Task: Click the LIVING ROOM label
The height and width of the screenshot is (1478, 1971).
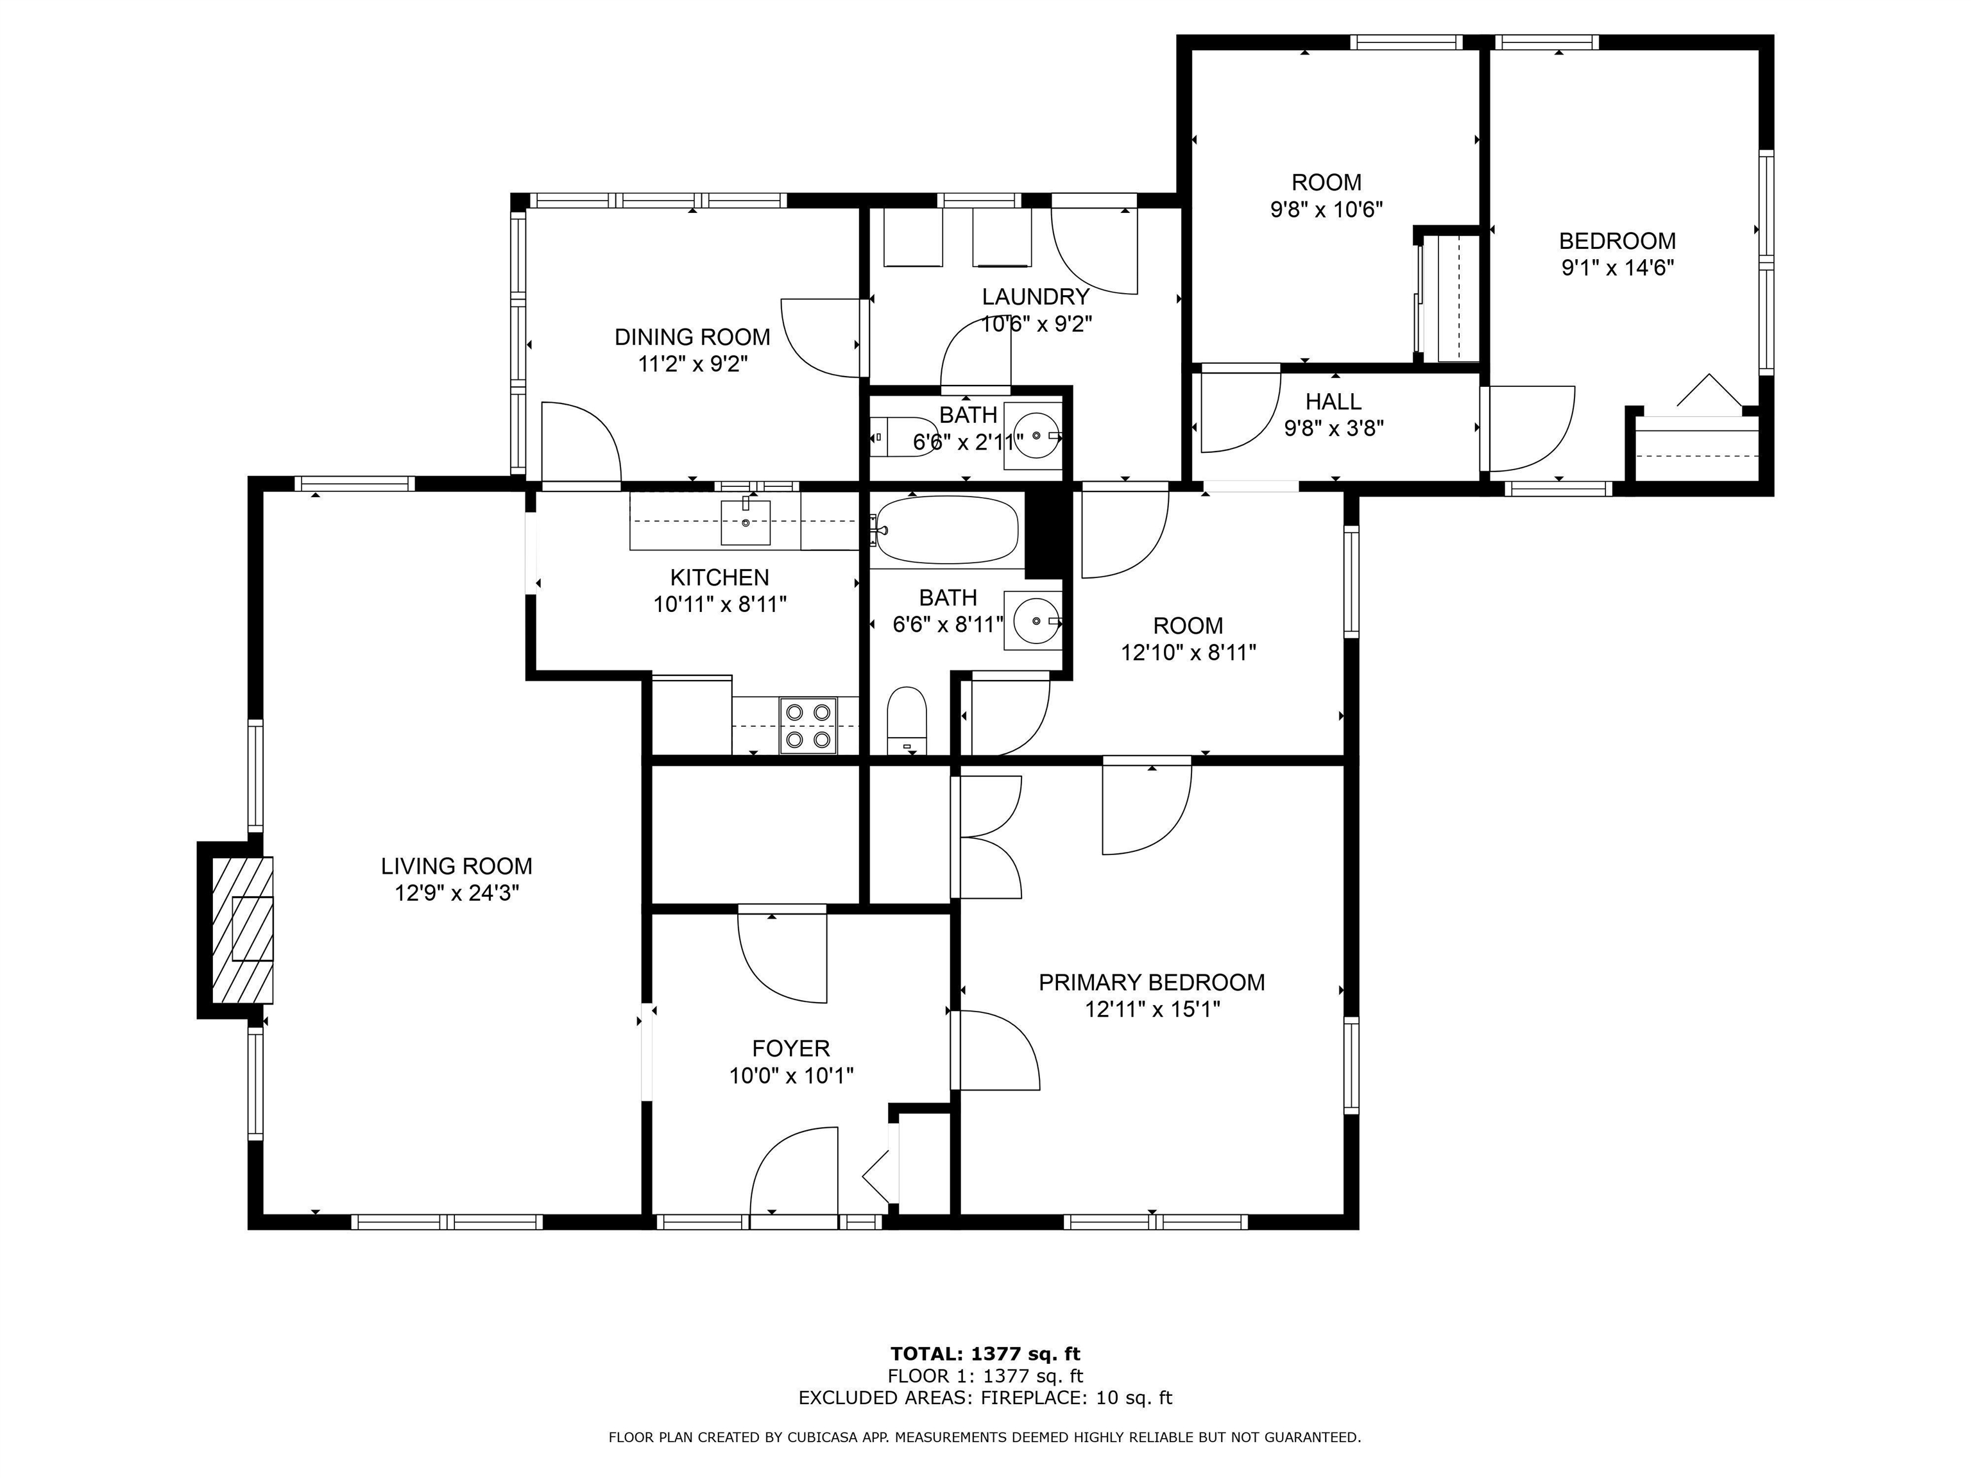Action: click(x=456, y=866)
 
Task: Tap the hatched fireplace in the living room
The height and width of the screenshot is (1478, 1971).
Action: click(x=241, y=930)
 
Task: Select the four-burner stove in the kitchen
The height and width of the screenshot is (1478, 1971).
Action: click(x=808, y=726)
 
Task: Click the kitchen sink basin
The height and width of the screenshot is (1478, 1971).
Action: click(x=745, y=522)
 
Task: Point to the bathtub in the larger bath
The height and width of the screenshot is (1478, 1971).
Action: click(x=946, y=530)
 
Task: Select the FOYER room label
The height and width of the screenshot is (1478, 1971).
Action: click(x=790, y=1049)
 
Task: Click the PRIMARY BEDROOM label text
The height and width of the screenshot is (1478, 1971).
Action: click(x=1151, y=983)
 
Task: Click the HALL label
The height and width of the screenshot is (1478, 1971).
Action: click(x=1333, y=402)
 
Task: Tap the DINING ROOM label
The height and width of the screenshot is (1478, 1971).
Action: click(x=692, y=337)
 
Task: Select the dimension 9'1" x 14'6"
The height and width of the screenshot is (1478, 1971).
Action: click(x=1617, y=268)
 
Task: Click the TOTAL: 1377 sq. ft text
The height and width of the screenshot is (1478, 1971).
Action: click(x=985, y=1354)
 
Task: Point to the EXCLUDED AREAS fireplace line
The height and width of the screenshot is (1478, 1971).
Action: click(x=985, y=1398)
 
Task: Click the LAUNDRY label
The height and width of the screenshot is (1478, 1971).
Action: click(x=1036, y=296)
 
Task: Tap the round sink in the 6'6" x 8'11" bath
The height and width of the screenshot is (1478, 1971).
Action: click(x=1034, y=620)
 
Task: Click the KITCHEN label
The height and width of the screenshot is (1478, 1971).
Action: click(x=719, y=577)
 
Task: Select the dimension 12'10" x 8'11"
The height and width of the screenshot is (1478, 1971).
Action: click(x=1188, y=653)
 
